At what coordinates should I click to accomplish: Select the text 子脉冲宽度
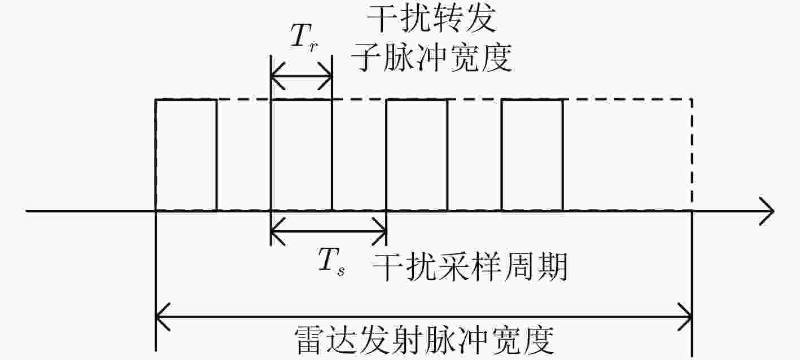431,58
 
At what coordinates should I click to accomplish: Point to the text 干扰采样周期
469,266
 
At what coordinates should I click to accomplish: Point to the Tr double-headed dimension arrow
301,76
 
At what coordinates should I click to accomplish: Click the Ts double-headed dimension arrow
329,231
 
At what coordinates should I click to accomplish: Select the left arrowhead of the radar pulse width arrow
163,317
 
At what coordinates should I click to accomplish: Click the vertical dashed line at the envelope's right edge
692,155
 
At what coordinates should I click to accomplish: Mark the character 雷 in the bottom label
309,340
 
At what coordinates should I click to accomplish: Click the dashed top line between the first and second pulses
244,99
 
